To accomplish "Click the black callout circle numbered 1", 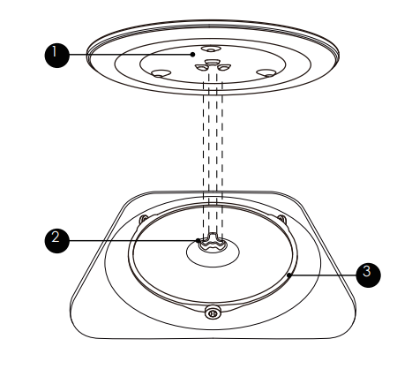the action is tap(57, 56).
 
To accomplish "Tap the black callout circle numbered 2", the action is tap(57, 241).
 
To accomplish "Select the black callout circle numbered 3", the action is tap(368, 275).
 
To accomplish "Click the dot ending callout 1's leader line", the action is tap(192, 54).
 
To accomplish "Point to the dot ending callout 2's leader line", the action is tap(199, 240).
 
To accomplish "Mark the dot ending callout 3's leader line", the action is tap(289, 275).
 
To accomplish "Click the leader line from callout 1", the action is tap(130, 55).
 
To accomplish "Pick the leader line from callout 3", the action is tap(324, 275).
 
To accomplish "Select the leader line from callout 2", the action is tap(133, 241).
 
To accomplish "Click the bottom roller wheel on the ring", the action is tap(213, 312).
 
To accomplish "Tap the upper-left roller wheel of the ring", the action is tap(144, 219).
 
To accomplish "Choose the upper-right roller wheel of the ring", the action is tap(281, 219).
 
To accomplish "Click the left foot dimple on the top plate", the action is tap(160, 73).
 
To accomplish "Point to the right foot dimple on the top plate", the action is tap(266, 72).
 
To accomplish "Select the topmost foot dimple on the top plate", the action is tap(211, 49).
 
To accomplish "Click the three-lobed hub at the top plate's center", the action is tap(213, 66).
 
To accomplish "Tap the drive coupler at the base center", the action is tap(212, 244).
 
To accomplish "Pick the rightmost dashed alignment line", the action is tap(221, 159).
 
